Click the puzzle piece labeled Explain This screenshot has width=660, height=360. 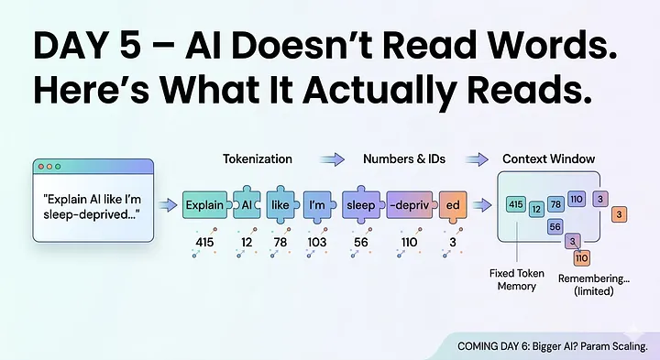pos(204,205)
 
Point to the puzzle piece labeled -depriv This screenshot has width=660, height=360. pos(408,205)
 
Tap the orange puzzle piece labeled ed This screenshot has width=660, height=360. pos(453,205)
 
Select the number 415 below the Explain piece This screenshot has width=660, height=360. pos(203,242)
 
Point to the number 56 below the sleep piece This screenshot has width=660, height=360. pos(360,242)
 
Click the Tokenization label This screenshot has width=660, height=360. pos(258,159)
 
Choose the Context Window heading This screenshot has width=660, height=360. pos(548,159)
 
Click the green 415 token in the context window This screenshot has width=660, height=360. pos(515,204)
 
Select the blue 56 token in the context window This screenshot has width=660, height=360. pos(555,226)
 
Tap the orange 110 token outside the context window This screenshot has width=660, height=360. pos(581,257)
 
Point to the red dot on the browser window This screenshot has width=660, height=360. pos(42,167)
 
